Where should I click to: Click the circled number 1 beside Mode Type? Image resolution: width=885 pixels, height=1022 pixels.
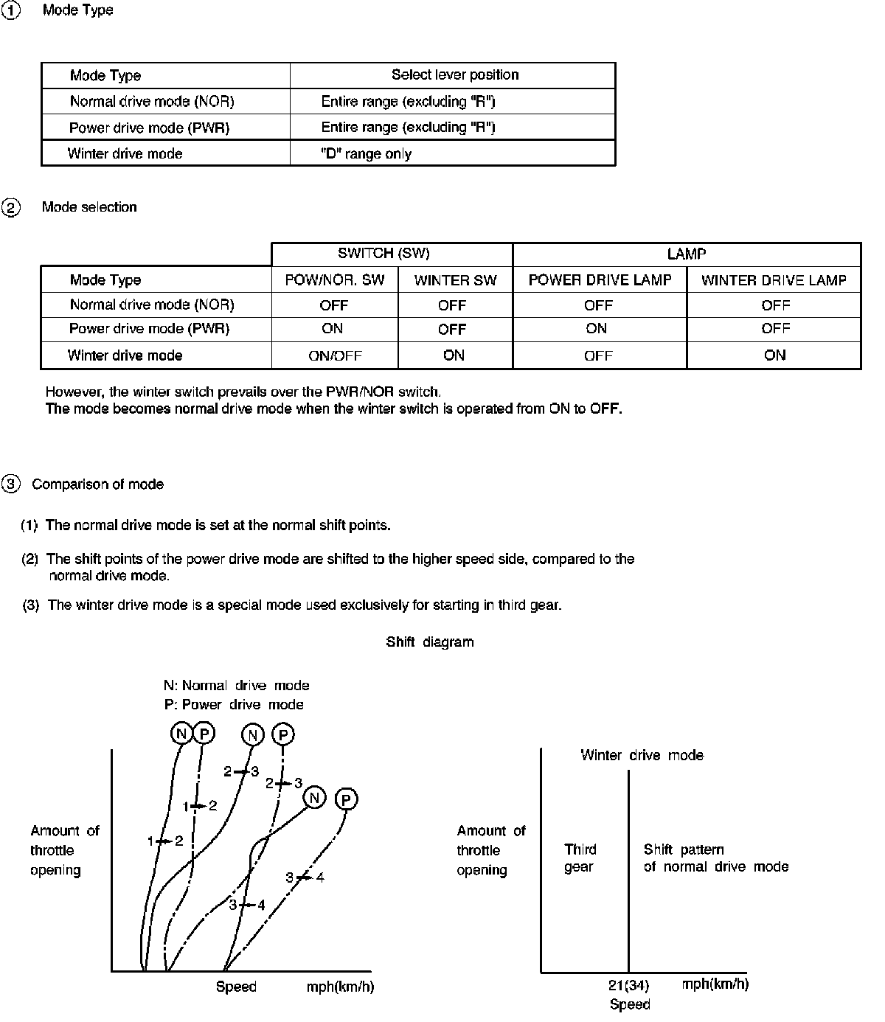[x=11, y=11]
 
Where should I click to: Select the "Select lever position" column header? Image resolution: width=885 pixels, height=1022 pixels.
[x=454, y=75]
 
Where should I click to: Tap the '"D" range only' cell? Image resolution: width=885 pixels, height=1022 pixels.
[x=367, y=154]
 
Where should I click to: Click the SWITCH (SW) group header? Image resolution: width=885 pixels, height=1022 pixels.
[x=383, y=254]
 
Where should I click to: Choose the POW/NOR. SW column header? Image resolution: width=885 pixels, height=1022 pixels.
[x=335, y=280]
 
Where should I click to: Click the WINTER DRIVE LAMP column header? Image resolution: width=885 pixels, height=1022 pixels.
[x=774, y=280]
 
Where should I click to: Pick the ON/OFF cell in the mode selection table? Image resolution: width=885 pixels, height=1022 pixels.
[x=335, y=356]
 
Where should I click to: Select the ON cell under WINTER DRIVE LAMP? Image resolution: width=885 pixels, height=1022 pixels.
[x=775, y=355]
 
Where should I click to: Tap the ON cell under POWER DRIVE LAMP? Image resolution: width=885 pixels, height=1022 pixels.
[x=597, y=329]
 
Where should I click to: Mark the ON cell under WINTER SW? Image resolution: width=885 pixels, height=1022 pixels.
[x=454, y=355]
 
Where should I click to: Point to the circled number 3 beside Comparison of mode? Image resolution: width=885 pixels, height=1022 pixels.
[x=11, y=484]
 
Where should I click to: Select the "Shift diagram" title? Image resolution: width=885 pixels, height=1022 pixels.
[x=430, y=642]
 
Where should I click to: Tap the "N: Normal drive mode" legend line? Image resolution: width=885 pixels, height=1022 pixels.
[x=236, y=686]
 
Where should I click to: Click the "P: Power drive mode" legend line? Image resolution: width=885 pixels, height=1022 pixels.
[x=234, y=705]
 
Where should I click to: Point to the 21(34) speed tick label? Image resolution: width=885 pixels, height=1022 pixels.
[x=628, y=985]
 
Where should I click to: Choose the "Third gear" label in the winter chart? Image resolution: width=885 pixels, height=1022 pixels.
[x=580, y=858]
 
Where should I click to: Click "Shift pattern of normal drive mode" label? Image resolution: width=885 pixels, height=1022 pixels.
[x=715, y=858]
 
